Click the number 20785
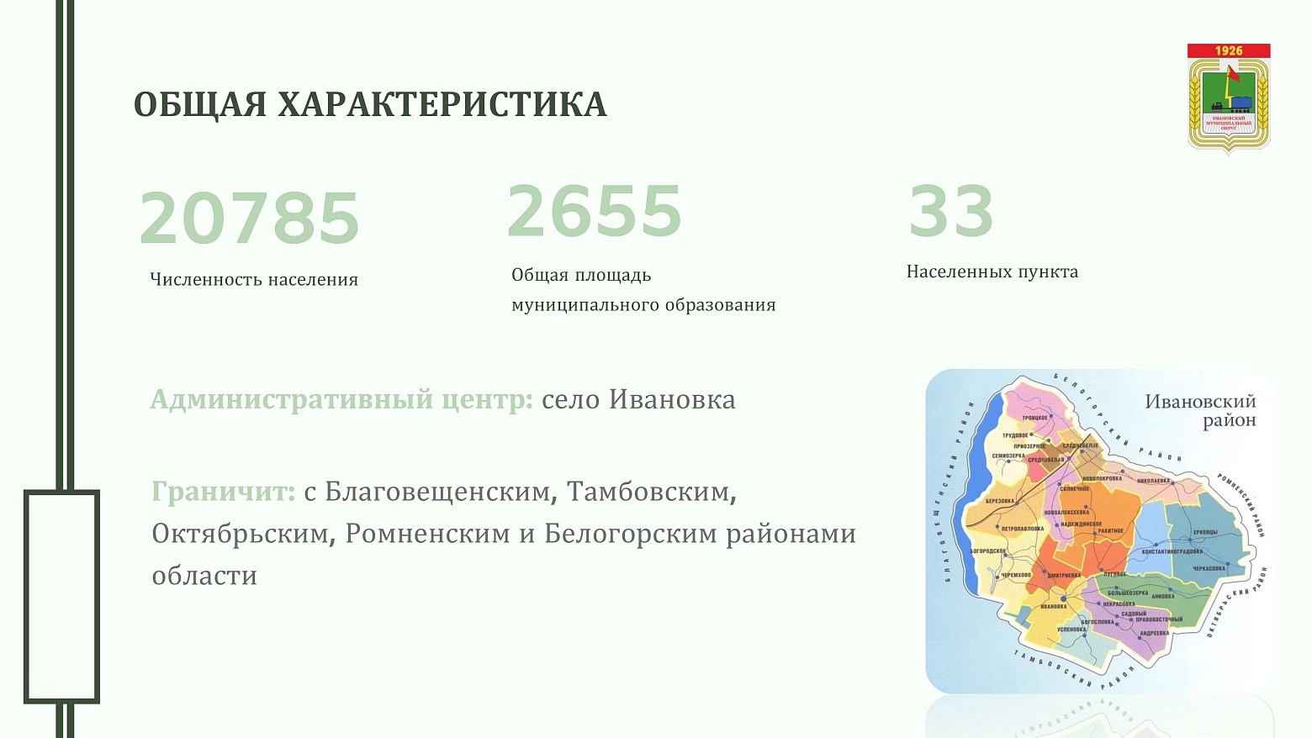(249, 219)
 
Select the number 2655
(594, 211)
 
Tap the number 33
(951, 211)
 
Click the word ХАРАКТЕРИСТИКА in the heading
(442, 105)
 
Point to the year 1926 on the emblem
(1229, 51)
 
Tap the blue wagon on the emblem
(1241, 104)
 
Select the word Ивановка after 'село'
(672, 399)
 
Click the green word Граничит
(223, 492)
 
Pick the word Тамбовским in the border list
(651, 492)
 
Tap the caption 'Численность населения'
(254, 280)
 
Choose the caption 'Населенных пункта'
(992, 272)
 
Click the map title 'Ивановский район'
(1200, 410)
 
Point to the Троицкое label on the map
(1035, 417)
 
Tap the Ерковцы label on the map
(1205, 531)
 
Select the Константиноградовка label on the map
(1172, 551)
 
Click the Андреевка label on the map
(1155, 633)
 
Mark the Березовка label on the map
(1000, 501)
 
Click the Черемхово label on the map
(1015, 575)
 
